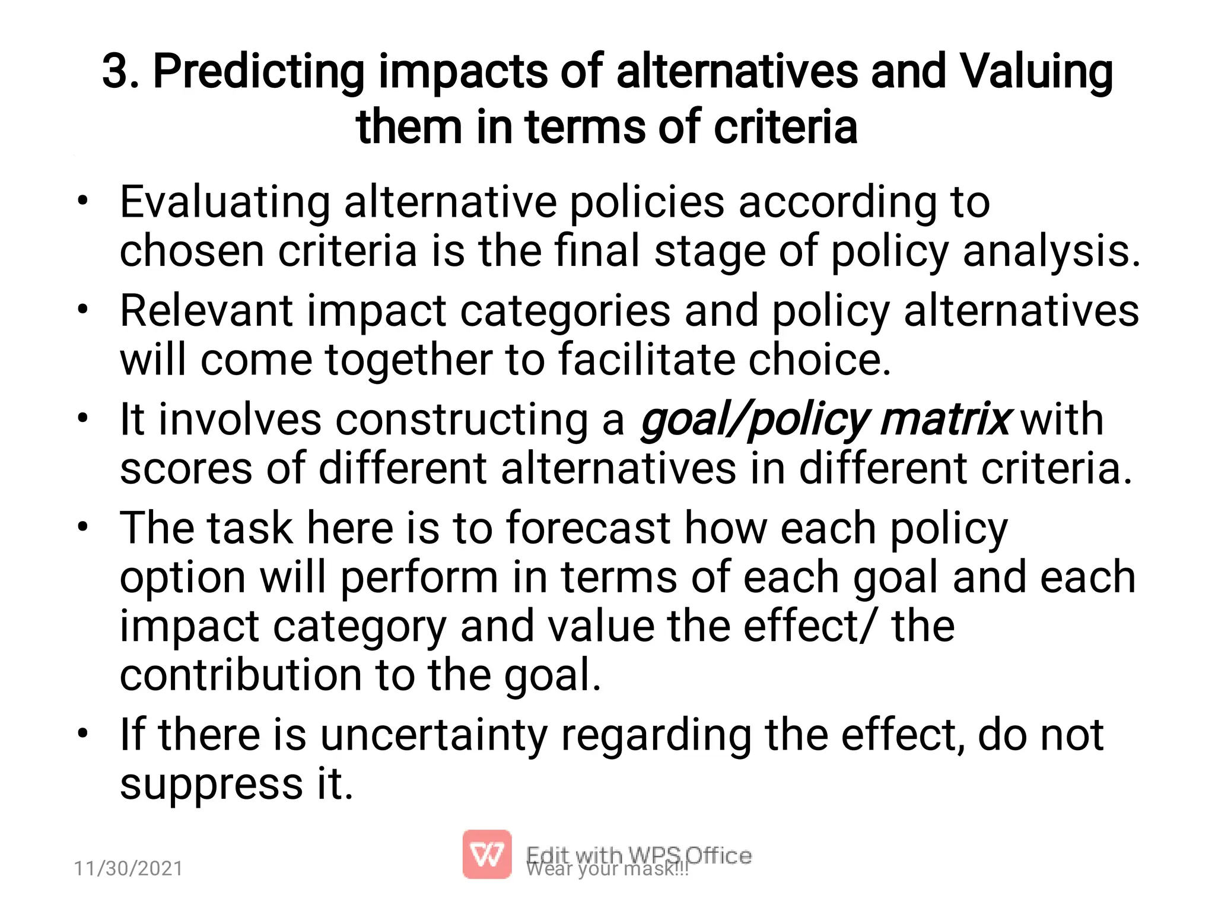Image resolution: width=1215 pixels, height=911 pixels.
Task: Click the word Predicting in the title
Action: (259, 72)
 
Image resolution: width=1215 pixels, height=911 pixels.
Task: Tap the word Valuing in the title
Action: (1035, 72)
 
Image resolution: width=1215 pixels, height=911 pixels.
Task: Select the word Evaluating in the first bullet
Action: (225, 203)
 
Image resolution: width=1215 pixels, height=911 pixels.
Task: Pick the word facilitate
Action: (646, 360)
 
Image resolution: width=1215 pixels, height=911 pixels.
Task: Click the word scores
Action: (186, 469)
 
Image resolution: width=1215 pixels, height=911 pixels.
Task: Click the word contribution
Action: (240, 675)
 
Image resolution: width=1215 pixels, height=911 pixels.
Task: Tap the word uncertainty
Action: (434, 735)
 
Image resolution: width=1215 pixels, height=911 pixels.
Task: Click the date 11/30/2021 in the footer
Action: (128, 869)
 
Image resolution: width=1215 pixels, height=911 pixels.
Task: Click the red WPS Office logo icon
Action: (486, 854)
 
